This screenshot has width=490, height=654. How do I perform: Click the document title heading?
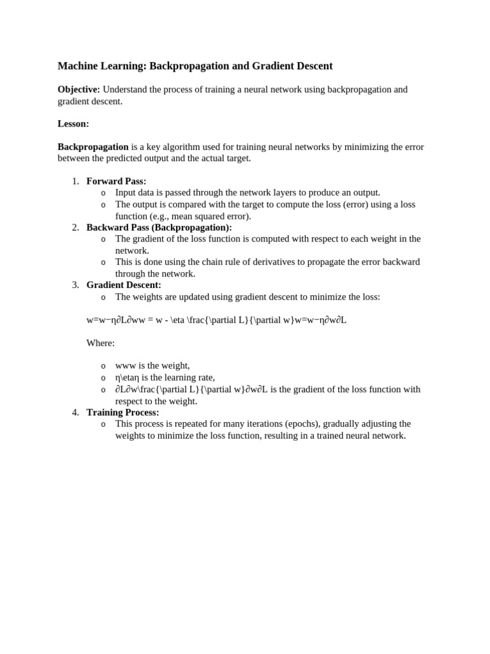[195, 66]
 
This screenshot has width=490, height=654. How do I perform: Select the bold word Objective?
[78, 89]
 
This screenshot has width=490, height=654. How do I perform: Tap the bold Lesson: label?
[73, 123]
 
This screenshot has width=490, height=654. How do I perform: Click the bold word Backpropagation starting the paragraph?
[93, 147]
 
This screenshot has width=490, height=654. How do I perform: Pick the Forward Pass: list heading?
[116, 181]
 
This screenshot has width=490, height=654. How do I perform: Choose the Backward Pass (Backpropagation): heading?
[159, 227]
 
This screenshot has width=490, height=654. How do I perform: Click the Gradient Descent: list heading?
[124, 285]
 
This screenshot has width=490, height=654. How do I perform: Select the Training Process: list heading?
[122, 412]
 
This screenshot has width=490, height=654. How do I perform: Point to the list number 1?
[75, 181]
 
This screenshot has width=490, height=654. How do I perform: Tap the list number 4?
[75, 412]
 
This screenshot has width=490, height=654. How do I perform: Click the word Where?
[100, 343]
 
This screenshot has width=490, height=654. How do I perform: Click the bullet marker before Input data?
[103, 193]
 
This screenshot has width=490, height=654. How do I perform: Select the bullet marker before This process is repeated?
[103, 424]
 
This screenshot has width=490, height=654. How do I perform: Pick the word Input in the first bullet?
[126, 192]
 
